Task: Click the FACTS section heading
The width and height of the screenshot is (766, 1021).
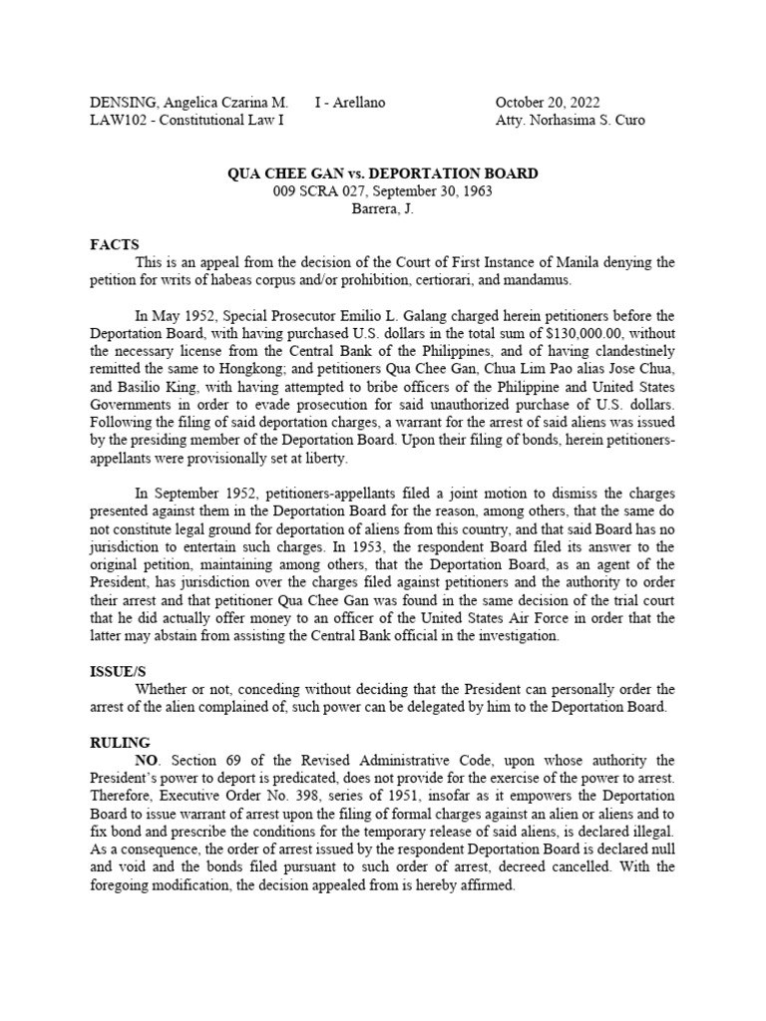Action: [115, 244]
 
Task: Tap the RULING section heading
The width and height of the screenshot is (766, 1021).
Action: [120, 742]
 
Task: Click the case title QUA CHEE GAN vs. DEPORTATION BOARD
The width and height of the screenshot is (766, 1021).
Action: [383, 173]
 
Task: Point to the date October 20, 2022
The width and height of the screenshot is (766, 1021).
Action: [548, 103]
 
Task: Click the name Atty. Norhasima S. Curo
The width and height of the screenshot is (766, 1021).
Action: [570, 121]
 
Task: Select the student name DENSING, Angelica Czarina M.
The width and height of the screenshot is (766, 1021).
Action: [189, 103]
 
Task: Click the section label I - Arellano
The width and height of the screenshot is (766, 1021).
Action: [349, 103]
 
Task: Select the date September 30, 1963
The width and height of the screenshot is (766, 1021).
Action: [433, 191]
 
